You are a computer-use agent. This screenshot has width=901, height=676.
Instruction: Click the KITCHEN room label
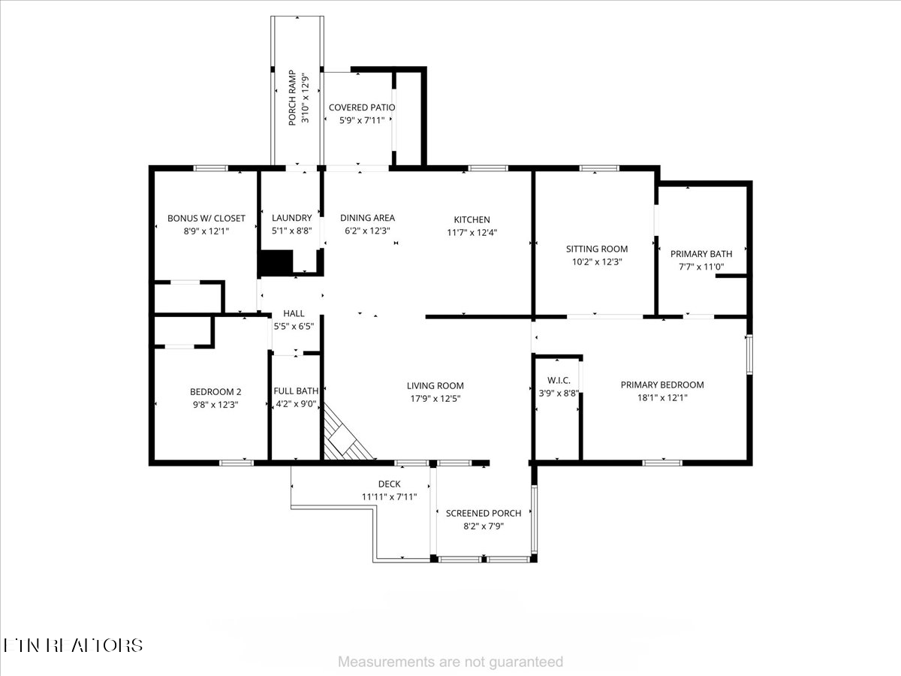coord(472,219)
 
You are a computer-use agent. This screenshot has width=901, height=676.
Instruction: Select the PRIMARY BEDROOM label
coord(661,385)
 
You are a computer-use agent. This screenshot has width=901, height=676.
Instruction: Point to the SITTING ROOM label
coord(596,249)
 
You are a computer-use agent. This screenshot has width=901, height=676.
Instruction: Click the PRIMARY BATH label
coord(701,254)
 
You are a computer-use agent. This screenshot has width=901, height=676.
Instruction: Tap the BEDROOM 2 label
coord(215,391)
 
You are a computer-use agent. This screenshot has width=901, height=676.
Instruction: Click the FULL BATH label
coord(295,391)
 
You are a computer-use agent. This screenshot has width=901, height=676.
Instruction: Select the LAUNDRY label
coord(291,218)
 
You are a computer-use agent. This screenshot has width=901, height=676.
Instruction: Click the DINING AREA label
coord(367,218)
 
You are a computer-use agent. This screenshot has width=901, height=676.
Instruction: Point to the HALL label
coord(294,313)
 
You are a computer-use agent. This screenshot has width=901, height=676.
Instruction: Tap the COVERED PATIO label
coord(361,107)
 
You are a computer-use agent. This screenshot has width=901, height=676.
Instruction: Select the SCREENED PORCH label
coord(483,513)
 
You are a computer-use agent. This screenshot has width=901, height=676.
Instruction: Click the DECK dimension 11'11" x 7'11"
coord(389,496)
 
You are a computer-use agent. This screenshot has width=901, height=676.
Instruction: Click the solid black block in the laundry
coord(275,262)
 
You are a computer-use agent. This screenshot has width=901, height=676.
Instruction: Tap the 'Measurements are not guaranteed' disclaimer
coord(450,662)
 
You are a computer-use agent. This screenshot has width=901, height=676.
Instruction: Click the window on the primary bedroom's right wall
coord(749,355)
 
